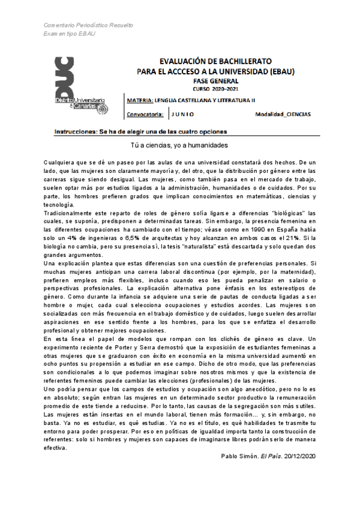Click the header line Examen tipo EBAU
[70, 34]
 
